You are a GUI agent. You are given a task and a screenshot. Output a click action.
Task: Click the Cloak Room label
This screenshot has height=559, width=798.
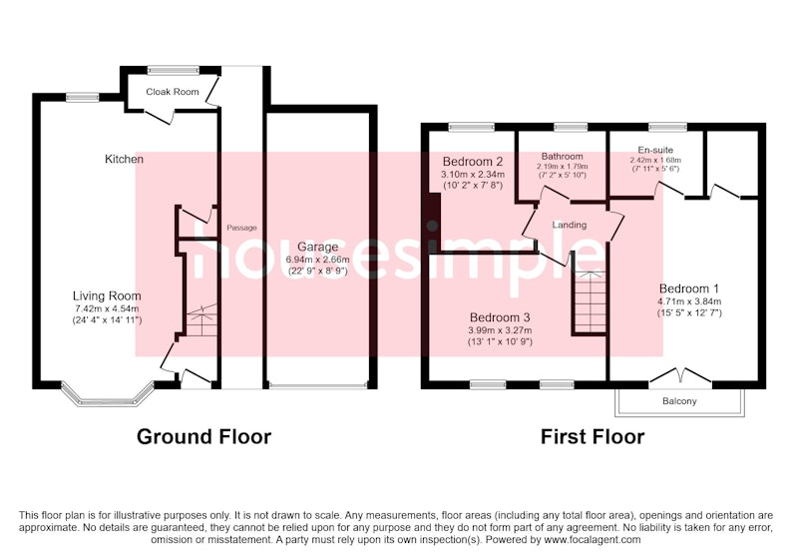tap(172, 92)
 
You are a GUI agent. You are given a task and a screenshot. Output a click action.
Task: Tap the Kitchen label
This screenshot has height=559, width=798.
tap(124, 159)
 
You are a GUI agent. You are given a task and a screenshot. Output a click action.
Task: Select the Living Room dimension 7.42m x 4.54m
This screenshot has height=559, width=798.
tap(107, 308)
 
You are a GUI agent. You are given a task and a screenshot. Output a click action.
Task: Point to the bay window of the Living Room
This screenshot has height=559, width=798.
tap(108, 394)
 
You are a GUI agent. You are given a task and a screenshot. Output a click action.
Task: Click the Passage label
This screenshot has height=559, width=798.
tap(241, 228)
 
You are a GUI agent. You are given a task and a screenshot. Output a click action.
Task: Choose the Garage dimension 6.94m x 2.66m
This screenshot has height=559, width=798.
tap(317, 260)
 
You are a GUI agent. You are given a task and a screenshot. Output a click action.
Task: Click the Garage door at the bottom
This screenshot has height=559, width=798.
tap(317, 385)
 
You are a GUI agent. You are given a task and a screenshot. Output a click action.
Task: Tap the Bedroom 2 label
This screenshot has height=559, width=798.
tap(473, 162)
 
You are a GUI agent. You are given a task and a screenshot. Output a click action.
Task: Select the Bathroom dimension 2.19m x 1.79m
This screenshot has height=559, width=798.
tap(562, 167)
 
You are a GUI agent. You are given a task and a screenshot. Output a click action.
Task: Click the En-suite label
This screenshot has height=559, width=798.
tap(655, 150)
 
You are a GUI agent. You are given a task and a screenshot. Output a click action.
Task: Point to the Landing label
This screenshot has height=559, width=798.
tap(570, 225)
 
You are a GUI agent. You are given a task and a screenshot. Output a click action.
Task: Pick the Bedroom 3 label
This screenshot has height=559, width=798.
tap(500, 317)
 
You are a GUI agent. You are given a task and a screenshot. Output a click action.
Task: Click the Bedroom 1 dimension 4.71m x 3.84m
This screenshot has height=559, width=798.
tap(689, 300)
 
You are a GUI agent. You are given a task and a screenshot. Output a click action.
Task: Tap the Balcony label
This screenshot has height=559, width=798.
tap(679, 401)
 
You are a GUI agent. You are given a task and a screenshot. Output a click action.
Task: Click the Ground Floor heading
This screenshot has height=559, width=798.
tap(203, 437)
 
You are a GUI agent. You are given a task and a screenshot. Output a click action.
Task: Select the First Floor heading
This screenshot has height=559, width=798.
tap(593, 437)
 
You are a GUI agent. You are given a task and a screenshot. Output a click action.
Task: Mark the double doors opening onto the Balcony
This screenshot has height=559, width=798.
tap(681, 376)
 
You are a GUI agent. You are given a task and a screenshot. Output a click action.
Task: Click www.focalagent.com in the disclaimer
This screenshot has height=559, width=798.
tap(593, 540)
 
